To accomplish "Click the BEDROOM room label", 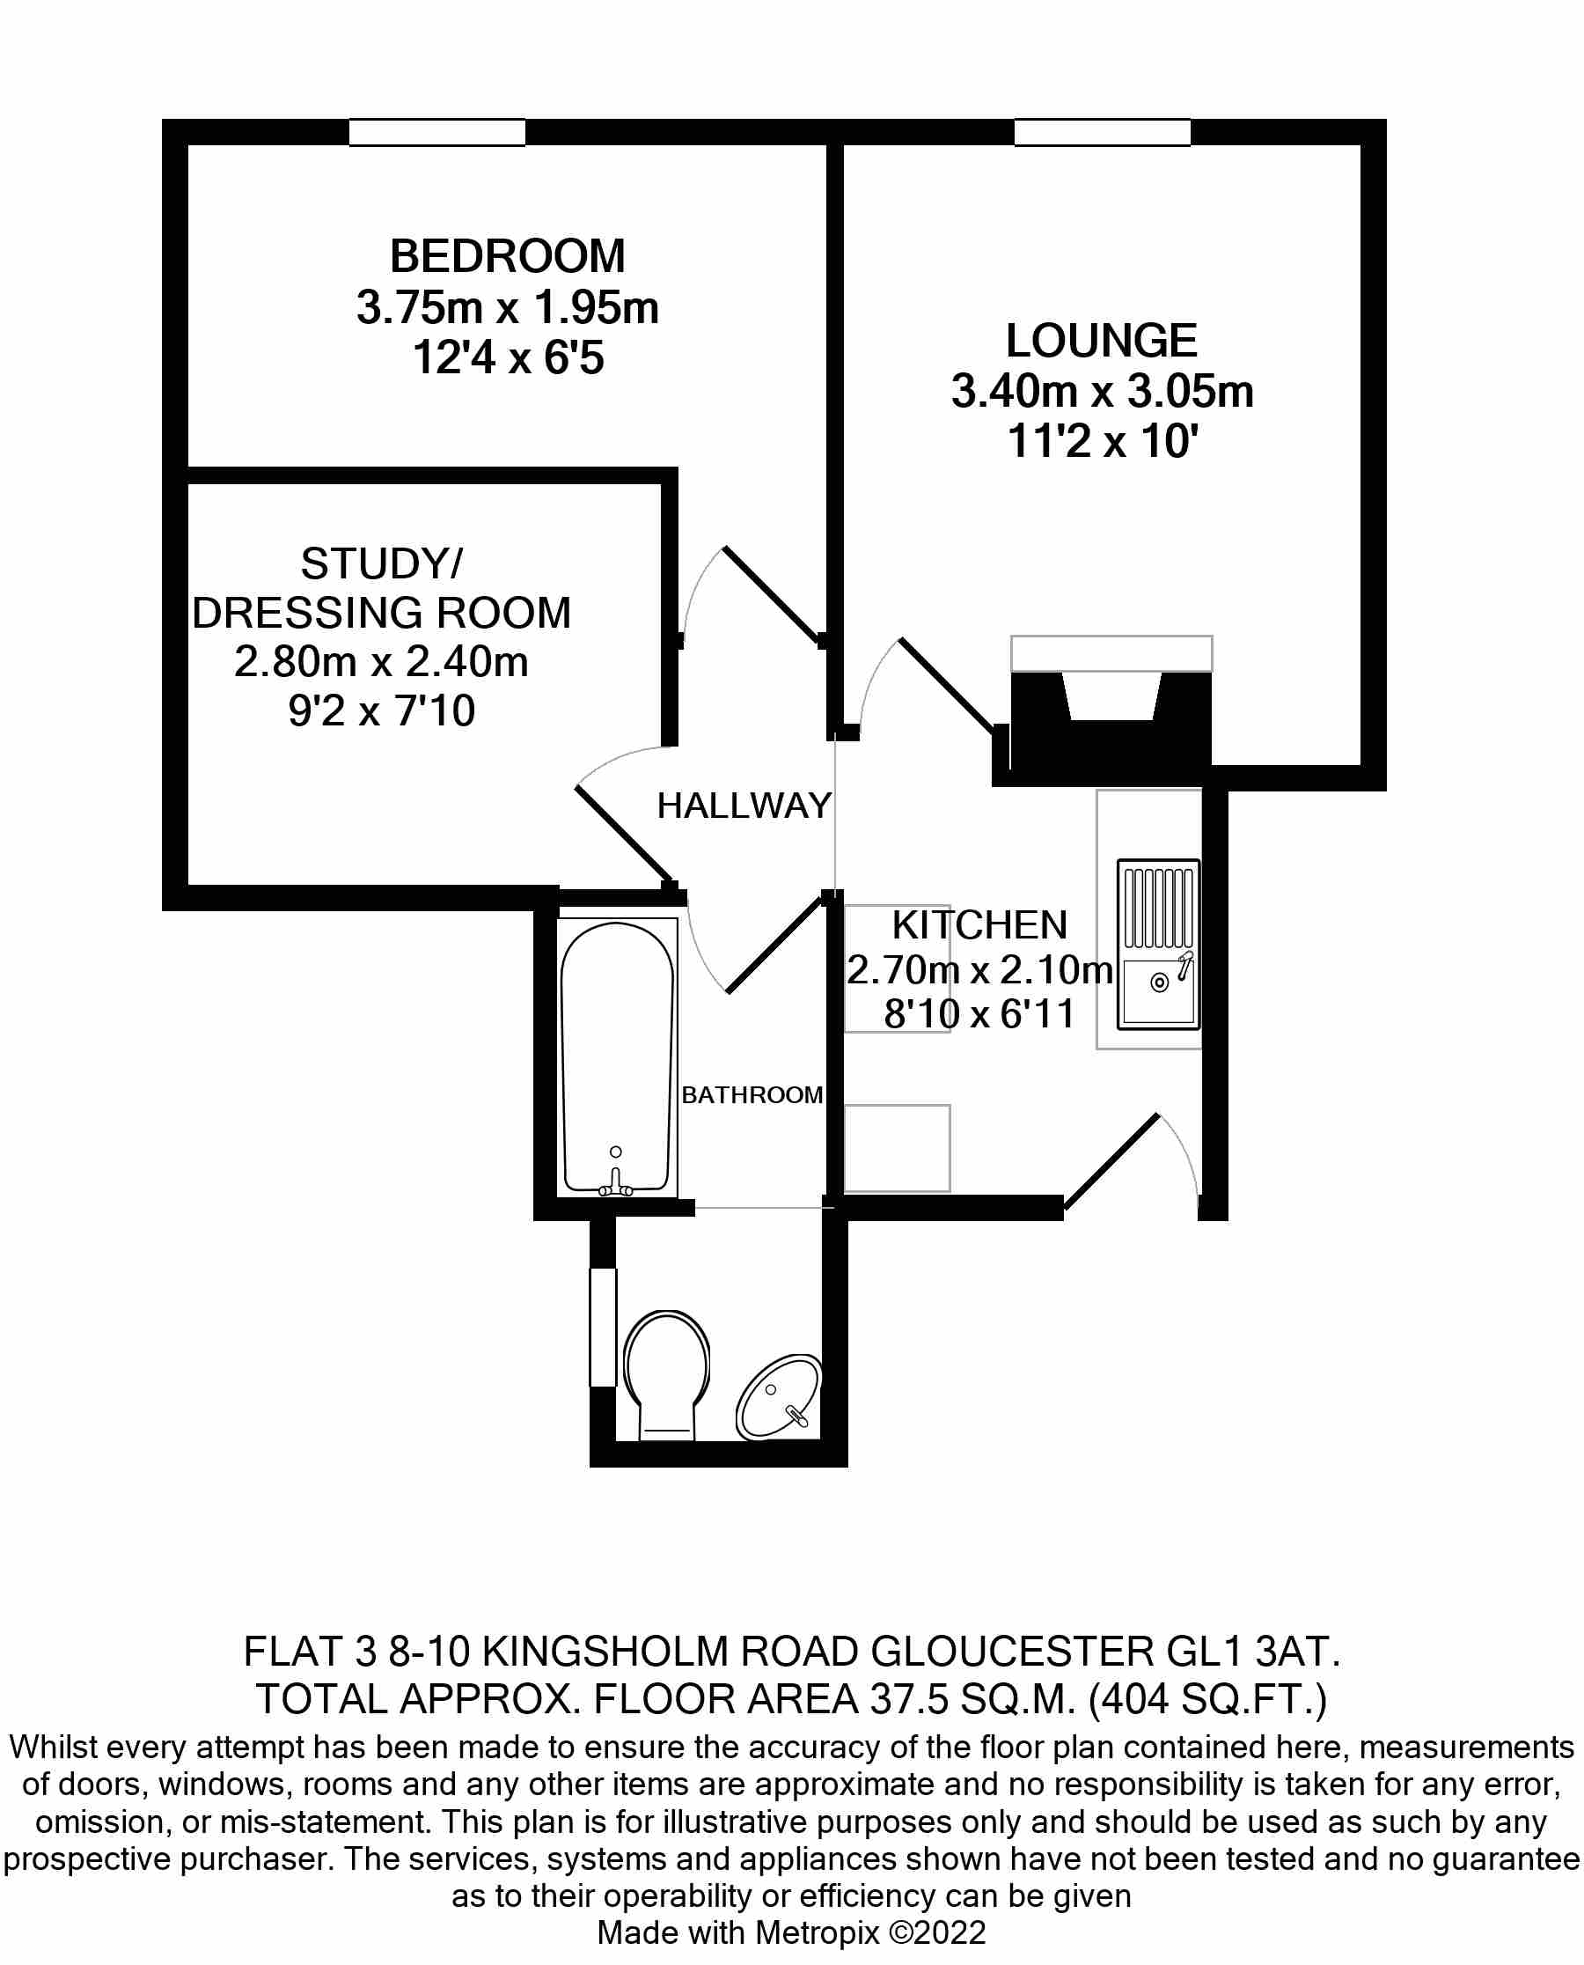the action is pos(507,255).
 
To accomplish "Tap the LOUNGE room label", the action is pos(1101,341).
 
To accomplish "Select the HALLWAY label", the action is pos(744,805).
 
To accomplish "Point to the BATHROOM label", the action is pos(752,1094).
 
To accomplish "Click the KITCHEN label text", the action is pos(979,924).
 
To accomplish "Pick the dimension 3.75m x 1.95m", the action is pos(507,306).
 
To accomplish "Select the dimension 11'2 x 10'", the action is pos(1103,441).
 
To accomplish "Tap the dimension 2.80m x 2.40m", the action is pos(381,662).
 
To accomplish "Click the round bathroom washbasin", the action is pos(778,1397).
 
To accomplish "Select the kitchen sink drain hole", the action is pos(1160,983).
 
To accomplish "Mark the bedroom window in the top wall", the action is pos(437,132).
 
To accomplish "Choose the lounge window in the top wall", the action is pos(1103,132).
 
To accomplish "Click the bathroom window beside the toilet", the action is pos(603,1327).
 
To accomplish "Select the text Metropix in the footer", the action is pos(818,1932).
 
